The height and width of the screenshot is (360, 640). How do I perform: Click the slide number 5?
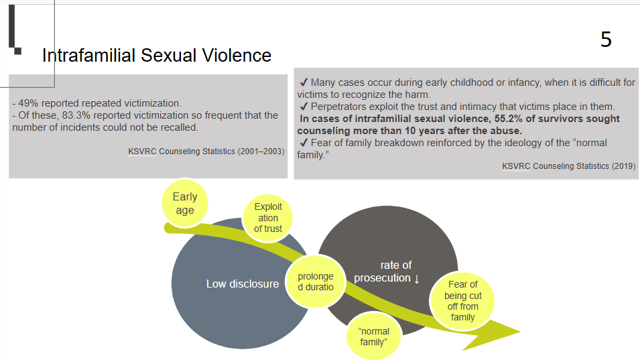[606, 40]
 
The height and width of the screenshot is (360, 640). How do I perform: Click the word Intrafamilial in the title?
[88, 56]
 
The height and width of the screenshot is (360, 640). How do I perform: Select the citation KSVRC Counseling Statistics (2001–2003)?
[206, 152]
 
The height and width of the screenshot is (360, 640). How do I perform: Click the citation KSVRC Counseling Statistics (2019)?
[568, 166]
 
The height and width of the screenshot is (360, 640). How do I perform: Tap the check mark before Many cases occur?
[304, 82]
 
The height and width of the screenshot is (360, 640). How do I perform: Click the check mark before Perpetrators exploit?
[304, 107]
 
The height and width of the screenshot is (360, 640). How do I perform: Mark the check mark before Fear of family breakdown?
[304, 143]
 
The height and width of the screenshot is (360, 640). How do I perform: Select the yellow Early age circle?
[185, 203]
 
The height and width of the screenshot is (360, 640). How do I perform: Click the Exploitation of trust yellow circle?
[268, 218]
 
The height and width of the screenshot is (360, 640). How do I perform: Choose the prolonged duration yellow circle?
[316, 282]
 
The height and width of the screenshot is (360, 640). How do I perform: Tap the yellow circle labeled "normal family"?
[373, 337]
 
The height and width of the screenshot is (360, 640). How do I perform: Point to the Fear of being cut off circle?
[462, 300]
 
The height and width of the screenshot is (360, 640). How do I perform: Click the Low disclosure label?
[243, 284]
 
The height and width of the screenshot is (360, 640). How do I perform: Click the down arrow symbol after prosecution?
[417, 278]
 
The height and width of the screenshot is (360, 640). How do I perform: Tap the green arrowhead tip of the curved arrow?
[519, 331]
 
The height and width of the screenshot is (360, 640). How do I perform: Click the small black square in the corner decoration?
[18, 51]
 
